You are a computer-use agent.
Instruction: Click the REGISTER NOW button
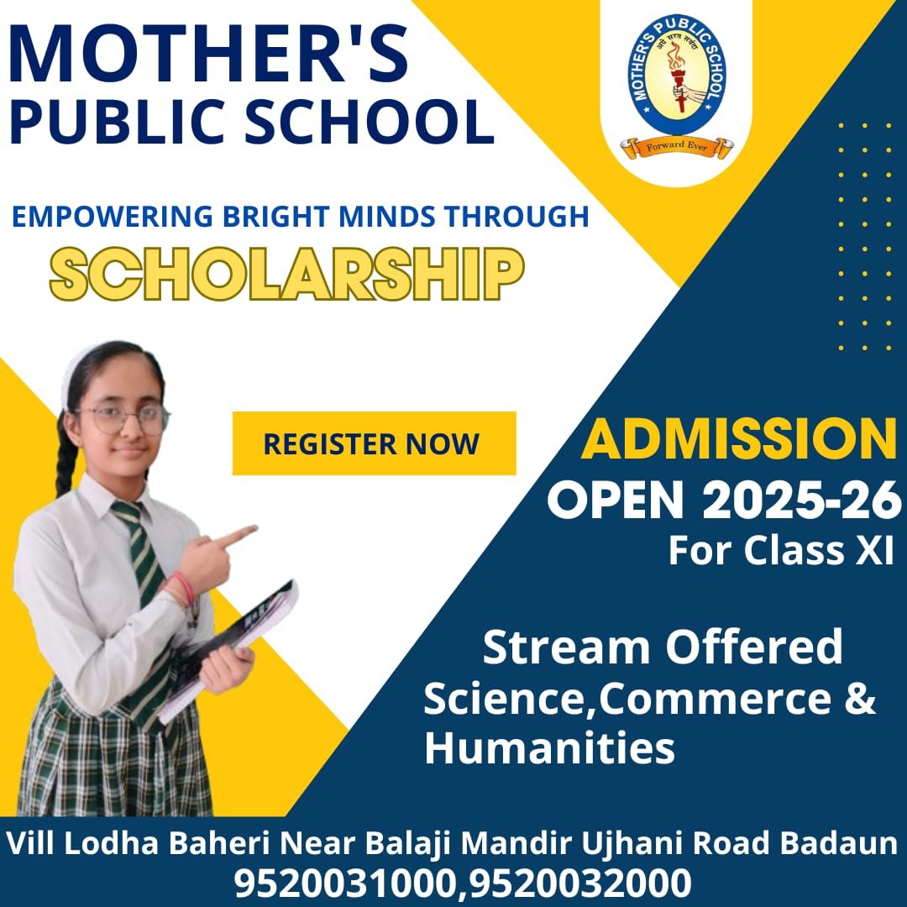374,443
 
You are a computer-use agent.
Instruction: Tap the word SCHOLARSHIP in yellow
287,274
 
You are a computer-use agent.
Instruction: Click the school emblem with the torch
676,75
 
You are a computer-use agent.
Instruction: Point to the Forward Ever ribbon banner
677,147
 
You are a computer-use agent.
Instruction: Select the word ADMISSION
739,439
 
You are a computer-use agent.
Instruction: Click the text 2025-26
801,501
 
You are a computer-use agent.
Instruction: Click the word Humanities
549,747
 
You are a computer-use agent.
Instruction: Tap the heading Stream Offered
663,647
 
